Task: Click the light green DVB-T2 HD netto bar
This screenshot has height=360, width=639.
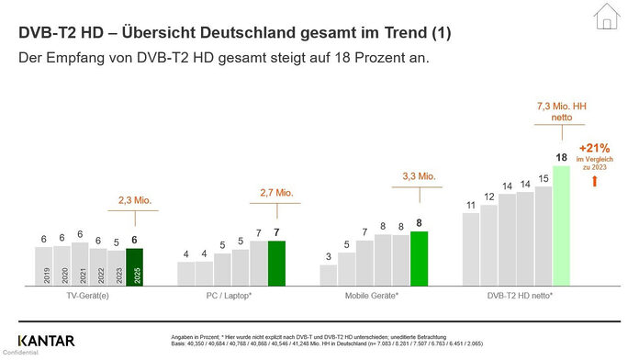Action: [x=561, y=227]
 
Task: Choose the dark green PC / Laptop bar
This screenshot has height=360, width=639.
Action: [x=276, y=264]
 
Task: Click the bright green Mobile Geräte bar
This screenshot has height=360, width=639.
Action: [x=420, y=260]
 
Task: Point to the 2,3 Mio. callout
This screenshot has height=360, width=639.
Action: [x=136, y=198]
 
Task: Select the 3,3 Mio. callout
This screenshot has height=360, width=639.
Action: [x=419, y=174]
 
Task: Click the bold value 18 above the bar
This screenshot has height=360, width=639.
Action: [x=561, y=157]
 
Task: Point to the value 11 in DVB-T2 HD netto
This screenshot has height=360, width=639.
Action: [x=471, y=205]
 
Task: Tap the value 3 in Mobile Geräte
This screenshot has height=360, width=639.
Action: [x=329, y=256]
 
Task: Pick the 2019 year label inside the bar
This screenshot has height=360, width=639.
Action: [x=44, y=275]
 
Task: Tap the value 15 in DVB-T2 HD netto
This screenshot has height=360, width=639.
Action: [x=544, y=178]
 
